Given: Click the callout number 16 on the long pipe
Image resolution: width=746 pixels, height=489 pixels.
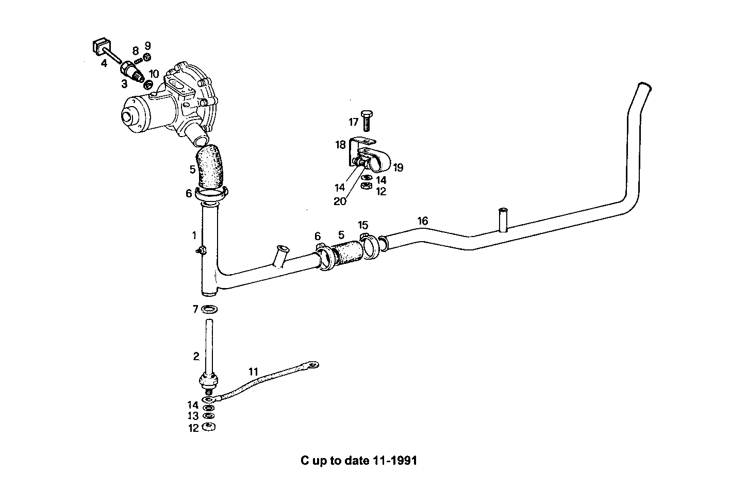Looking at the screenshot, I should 422,221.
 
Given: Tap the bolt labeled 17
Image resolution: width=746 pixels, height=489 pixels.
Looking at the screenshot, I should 367,121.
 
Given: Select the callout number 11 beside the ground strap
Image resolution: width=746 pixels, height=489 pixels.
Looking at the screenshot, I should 253,372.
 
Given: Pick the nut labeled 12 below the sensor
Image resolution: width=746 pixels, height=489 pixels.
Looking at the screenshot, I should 209,427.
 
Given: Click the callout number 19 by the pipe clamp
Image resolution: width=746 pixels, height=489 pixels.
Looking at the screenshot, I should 397,167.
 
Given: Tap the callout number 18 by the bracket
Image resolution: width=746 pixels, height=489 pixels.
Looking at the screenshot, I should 340,145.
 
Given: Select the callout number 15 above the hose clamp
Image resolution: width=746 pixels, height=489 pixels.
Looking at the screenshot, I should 363,225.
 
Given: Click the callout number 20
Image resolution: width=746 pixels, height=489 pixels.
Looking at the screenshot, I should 340,201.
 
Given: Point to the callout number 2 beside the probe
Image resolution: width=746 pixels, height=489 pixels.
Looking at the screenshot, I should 196,356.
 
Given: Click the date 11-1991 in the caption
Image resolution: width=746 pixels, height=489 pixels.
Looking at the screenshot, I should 393,460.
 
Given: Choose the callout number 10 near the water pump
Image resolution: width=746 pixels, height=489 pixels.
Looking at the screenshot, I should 154,74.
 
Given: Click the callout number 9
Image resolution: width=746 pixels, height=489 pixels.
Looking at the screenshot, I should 147,45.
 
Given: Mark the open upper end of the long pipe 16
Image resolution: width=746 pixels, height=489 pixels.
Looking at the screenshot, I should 642,85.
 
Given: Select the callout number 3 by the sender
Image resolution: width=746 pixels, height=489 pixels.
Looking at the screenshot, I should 124,84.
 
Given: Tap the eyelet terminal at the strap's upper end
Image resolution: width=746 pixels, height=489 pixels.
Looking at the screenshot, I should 312,365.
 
